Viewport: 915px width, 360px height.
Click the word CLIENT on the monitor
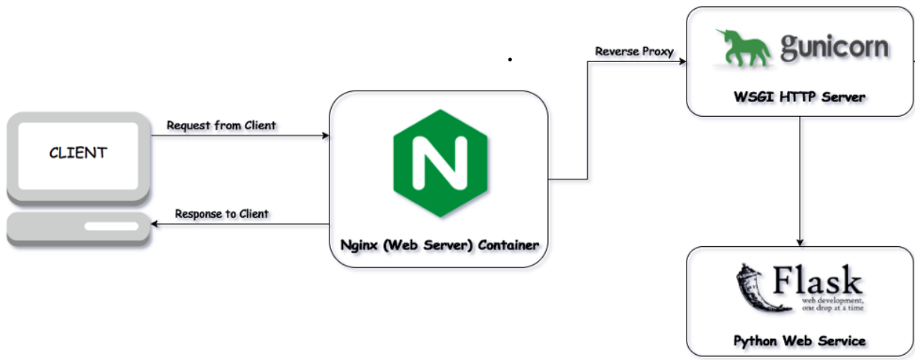(78, 153)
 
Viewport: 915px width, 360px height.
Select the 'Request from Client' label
(221, 125)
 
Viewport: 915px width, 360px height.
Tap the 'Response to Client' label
(222, 214)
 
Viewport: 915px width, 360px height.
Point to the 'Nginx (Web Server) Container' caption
(439, 245)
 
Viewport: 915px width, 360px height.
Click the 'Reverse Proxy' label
(634, 52)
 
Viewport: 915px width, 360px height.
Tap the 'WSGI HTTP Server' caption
(800, 97)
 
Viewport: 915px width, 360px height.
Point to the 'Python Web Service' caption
(800, 341)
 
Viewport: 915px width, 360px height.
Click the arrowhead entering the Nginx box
(325, 135)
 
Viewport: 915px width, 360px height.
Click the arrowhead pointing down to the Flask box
(800, 242)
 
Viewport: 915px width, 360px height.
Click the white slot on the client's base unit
(110, 225)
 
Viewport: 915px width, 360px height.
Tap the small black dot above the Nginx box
(510, 58)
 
